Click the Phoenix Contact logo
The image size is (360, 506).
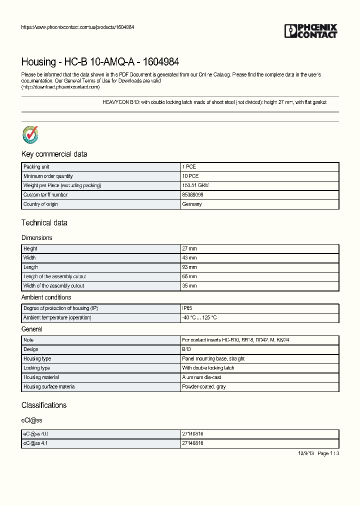[x=310, y=31]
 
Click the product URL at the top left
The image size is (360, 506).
[x=77, y=27]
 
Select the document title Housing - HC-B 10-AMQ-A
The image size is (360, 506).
[x=100, y=62]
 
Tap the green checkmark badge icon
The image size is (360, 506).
[x=30, y=134]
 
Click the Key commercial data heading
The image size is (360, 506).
[x=54, y=154]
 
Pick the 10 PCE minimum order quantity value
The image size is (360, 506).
[x=190, y=176]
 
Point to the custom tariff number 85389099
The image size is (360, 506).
[x=192, y=195]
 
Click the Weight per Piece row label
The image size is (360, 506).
[x=62, y=185]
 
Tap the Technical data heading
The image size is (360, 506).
[x=44, y=223]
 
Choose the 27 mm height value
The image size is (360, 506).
[x=189, y=248]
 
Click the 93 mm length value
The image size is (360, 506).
[x=189, y=267]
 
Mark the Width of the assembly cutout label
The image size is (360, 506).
[x=53, y=286]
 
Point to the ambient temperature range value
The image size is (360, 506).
[x=199, y=318]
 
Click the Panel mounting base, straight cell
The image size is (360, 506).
[x=213, y=359]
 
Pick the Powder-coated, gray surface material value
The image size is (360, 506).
[x=203, y=387]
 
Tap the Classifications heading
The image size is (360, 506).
[x=44, y=405]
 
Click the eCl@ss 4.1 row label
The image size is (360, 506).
[x=35, y=443]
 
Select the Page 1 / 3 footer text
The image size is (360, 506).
[x=328, y=453]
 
